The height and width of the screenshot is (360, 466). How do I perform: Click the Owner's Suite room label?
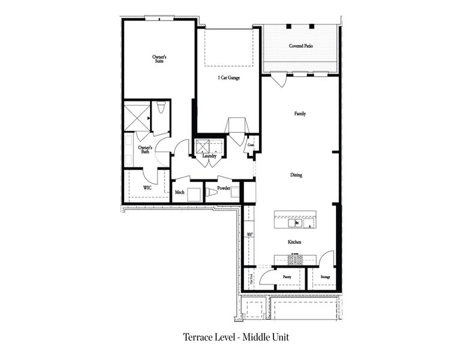pyautogui.click(x=159, y=59)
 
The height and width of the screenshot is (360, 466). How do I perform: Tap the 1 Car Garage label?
pyautogui.click(x=229, y=77)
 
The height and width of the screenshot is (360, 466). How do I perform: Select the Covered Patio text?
pyautogui.click(x=302, y=46)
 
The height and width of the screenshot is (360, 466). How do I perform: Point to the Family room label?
pyautogui.click(x=300, y=113)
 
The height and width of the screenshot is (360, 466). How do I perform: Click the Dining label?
pyautogui.click(x=296, y=175)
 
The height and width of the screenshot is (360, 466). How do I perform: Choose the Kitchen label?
pyautogui.click(x=294, y=242)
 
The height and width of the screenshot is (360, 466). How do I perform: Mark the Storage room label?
pyautogui.click(x=324, y=277)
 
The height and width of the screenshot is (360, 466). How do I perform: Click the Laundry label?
pyautogui.click(x=209, y=156)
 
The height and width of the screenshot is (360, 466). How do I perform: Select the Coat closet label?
pyautogui.click(x=251, y=145)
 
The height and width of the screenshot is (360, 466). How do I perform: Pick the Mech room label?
pyautogui.click(x=179, y=192)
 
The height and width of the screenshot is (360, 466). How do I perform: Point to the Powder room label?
pyautogui.click(x=224, y=188)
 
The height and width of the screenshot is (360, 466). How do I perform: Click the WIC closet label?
pyautogui.click(x=147, y=188)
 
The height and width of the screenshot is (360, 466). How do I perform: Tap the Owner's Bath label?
pyautogui.click(x=145, y=149)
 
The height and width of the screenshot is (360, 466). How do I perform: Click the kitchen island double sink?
pyautogui.click(x=293, y=223)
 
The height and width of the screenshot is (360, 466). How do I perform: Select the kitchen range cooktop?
pyautogui.click(x=295, y=259)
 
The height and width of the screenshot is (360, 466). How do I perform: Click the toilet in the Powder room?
pyautogui.click(x=212, y=192)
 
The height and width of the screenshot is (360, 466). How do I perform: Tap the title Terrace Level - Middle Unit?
pyautogui.click(x=236, y=337)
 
